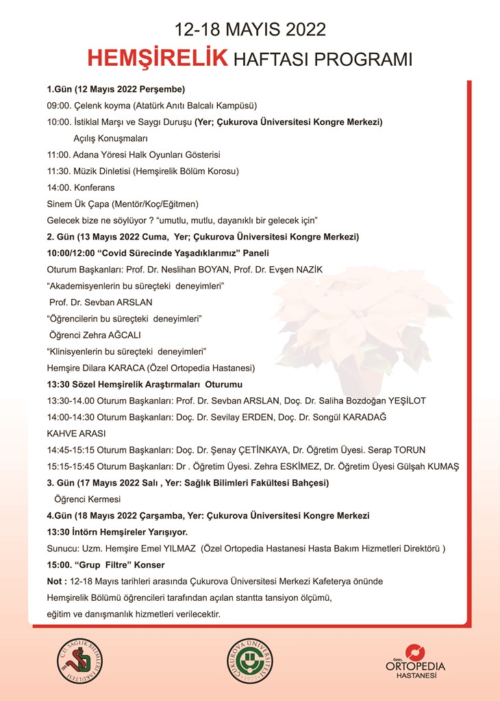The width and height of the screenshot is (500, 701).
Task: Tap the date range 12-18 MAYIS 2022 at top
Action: click(249, 29)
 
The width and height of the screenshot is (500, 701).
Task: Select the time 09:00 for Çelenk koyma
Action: click(59, 106)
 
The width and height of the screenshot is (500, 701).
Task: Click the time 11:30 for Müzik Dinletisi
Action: click(59, 171)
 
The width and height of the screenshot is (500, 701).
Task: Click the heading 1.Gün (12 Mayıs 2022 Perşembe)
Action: click(116, 89)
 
